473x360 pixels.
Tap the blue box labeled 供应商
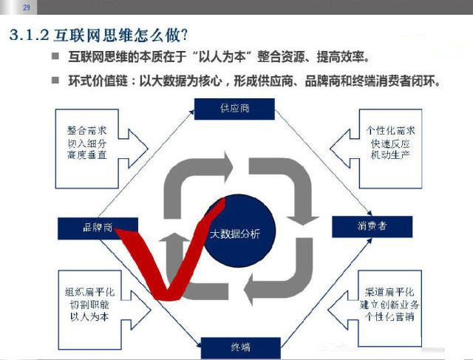(x=234, y=108)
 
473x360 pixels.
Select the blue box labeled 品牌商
(x=97, y=228)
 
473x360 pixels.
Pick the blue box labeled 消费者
(x=371, y=227)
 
